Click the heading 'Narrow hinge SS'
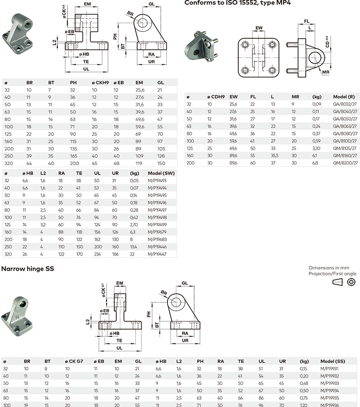(28, 269)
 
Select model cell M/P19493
(157, 180)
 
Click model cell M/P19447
(157, 254)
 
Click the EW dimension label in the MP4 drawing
(259, 28)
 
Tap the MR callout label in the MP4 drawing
(325, 72)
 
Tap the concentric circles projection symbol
(351, 282)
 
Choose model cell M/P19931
(330, 368)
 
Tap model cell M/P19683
(157, 240)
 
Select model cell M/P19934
(330, 390)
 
